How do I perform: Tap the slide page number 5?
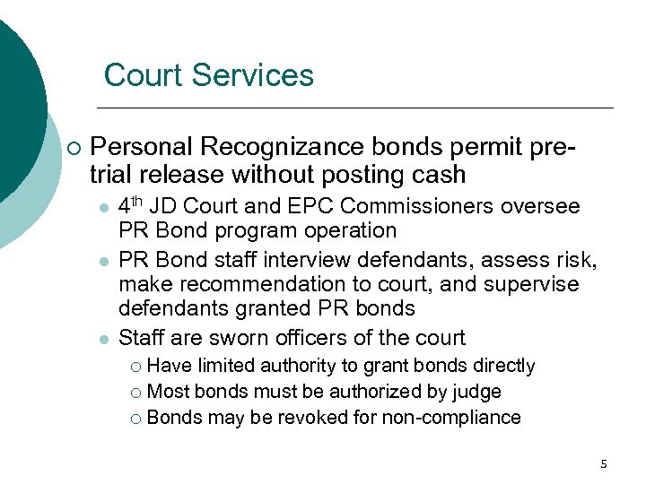604,463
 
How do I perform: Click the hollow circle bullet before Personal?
72,148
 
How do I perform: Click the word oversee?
540,206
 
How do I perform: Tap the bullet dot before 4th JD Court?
104,208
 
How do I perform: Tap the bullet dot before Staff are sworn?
104,340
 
